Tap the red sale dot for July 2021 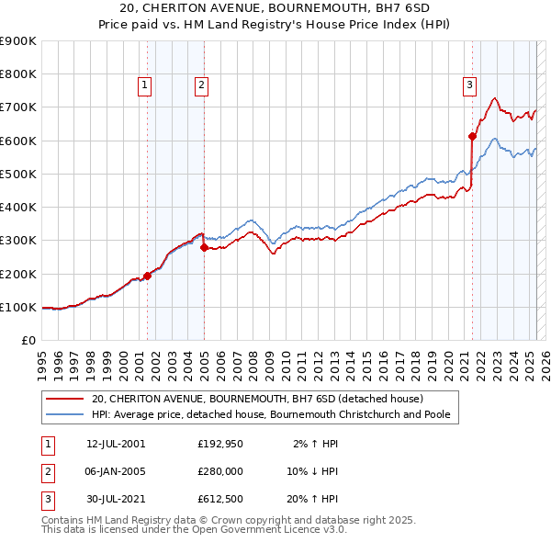[x=472, y=136]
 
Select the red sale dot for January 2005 [x=204, y=247]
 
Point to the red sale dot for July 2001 [x=147, y=276]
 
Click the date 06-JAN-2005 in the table [x=115, y=471]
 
